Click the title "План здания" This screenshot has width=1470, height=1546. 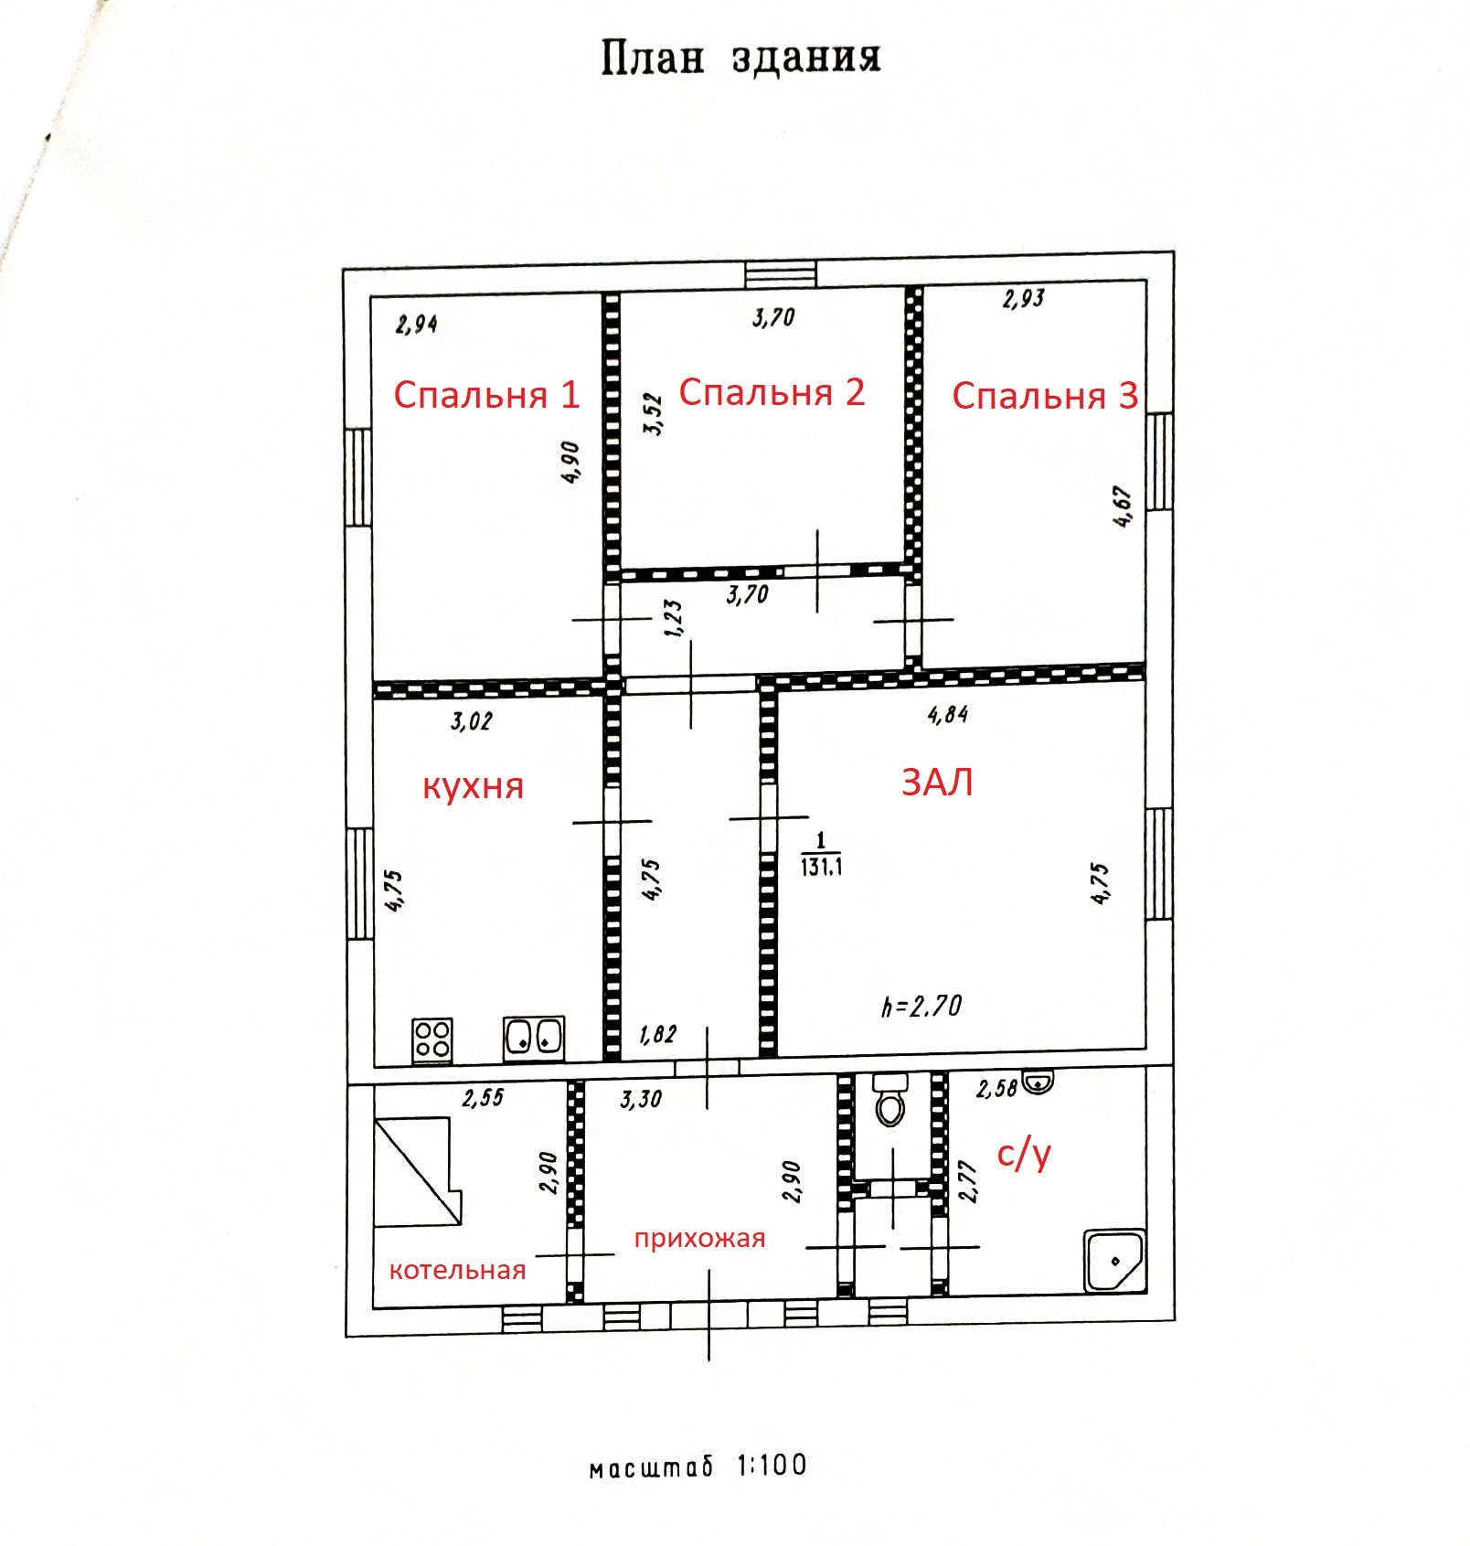coord(740,58)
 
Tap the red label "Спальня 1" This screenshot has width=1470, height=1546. coord(486,395)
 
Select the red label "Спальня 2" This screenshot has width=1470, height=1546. coord(772,392)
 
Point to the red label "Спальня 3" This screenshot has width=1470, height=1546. coord(1044,396)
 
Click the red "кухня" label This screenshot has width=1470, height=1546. coord(473,786)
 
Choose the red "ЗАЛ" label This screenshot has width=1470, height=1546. coord(937,783)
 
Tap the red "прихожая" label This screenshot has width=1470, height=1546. coord(699,1239)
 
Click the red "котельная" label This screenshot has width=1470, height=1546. coord(457,1270)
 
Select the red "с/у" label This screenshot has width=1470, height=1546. coord(1024,1155)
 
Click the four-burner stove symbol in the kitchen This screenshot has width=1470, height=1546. coord(431,1040)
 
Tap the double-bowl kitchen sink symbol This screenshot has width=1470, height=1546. coord(534,1039)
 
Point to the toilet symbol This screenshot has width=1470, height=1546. coord(889,1100)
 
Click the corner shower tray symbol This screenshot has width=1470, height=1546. coord(1113,1261)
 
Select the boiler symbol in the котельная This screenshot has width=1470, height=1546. coord(417,1171)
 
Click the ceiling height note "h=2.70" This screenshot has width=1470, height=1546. coord(921,1007)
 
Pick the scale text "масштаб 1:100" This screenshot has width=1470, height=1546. coord(698,1466)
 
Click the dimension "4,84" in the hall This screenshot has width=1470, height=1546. coord(947,714)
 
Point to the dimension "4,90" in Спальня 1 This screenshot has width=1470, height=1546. coord(570,462)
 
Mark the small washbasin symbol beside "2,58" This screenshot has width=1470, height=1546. coord(1038,1083)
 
